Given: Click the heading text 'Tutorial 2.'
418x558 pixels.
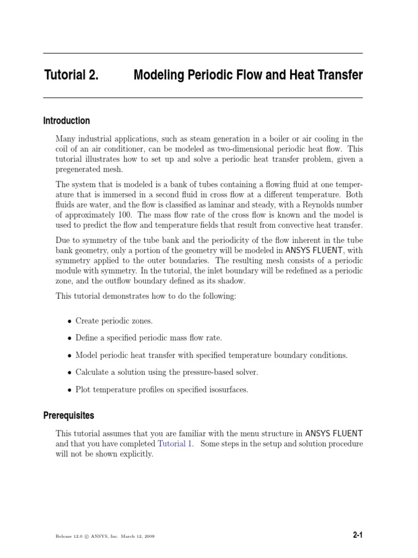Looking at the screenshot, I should click(71, 76).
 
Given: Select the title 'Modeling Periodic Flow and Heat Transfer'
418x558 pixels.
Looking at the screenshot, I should click(248, 76).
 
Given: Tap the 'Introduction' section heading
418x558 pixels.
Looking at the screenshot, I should click(66, 121).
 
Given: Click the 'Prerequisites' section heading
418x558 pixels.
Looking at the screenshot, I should click(69, 416).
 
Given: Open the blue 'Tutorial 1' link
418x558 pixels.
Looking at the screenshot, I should click(175, 444).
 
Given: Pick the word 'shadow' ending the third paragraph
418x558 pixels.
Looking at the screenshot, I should click(232, 281).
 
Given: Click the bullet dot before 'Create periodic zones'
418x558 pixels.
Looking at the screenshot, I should click(69, 322).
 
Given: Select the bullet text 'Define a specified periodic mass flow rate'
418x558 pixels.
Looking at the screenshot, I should click(149, 338).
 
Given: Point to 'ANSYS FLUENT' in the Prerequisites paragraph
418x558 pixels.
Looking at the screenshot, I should click(334, 434).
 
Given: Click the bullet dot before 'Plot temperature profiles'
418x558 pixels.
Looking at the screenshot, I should click(69, 390).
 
